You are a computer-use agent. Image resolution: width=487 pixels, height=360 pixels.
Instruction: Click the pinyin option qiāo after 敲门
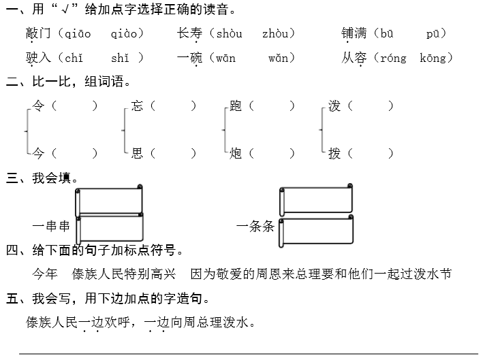pyautogui.click(x=76, y=34)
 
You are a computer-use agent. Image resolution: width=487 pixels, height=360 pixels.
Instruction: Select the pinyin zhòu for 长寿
pyautogui.click(x=277, y=34)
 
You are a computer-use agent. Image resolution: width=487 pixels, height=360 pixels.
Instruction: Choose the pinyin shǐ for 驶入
pyautogui.click(x=119, y=59)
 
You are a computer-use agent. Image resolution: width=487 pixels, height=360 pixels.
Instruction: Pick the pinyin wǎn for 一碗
pyautogui.click(x=280, y=59)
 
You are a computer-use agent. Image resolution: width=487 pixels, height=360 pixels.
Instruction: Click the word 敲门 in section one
pyautogui.click(x=39, y=34)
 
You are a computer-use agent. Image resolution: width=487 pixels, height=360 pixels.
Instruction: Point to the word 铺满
pyautogui.click(x=356, y=34)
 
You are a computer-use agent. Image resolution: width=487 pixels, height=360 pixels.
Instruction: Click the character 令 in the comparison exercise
pyautogui.click(x=39, y=106)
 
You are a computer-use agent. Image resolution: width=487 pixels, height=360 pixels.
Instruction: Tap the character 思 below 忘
pyautogui.click(x=137, y=154)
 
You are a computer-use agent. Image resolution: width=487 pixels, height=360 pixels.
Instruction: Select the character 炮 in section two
pyautogui.click(x=236, y=154)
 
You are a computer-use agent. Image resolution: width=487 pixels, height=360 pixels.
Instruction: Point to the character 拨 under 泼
pyautogui.click(x=334, y=154)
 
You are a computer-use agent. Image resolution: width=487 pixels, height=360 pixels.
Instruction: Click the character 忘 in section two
pyautogui.click(x=137, y=106)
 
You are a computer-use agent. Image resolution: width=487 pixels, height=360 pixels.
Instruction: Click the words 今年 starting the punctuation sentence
pyautogui.click(x=45, y=274)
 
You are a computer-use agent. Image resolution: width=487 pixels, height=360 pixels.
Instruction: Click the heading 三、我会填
pyautogui.click(x=42, y=179)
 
